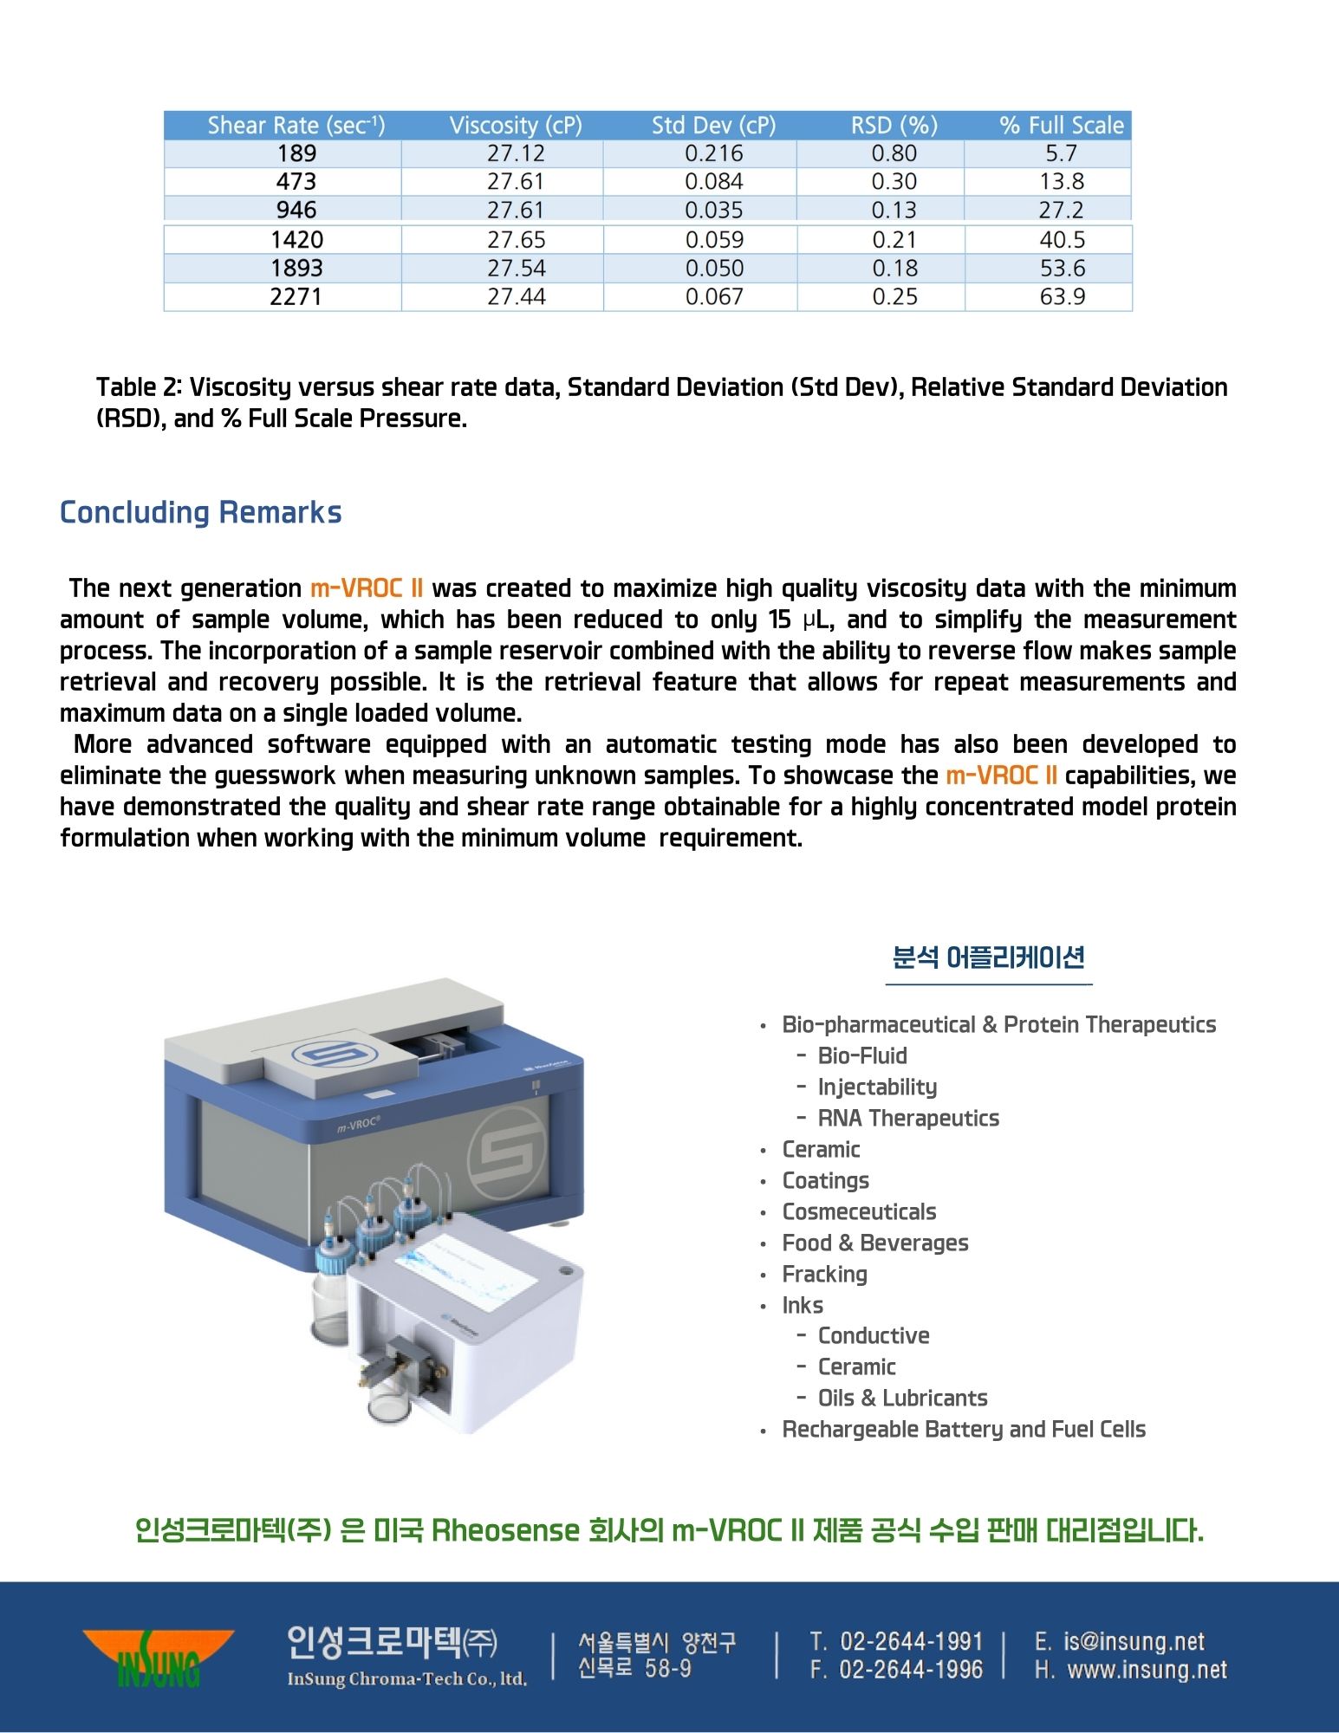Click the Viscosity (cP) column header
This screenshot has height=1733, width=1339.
tap(516, 126)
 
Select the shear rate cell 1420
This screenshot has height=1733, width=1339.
tap(296, 240)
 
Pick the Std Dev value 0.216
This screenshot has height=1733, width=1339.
tap(713, 153)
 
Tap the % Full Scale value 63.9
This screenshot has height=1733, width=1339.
tap(1063, 297)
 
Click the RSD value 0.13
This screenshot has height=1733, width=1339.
tap(894, 211)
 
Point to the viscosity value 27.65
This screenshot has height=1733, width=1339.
tap(516, 240)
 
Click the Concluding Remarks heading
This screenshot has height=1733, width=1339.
tap(200, 512)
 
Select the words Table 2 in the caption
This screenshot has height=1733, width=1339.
tap(139, 387)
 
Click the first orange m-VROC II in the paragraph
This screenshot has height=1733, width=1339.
tap(367, 588)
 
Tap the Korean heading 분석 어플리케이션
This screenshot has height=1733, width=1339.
tap(988, 958)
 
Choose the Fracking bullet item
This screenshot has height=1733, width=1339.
tap(824, 1274)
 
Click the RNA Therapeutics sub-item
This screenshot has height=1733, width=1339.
tap(908, 1118)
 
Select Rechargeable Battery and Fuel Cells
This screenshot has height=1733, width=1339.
tap(964, 1429)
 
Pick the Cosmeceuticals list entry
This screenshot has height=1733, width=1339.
tap(859, 1211)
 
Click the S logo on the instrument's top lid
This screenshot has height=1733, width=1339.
tap(323, 1055)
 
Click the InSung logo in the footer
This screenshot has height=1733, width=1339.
tap(158, 1657)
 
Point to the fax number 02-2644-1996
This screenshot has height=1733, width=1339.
tap(910, 1670)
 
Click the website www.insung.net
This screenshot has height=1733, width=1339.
tap(1147, 1670)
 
